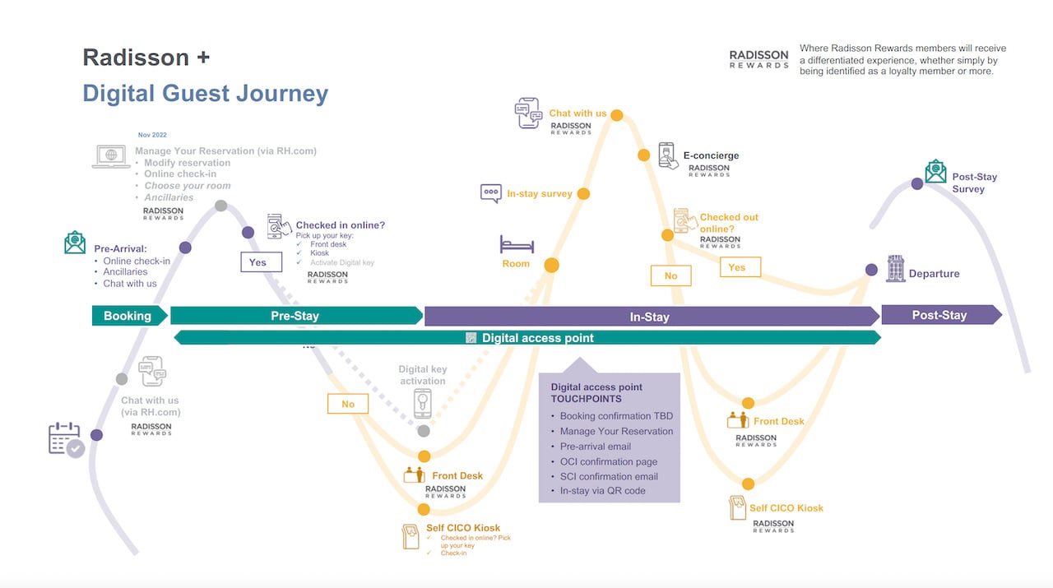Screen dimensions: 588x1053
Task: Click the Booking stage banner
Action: pos(128,316)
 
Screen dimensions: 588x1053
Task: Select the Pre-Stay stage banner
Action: pos(295,316)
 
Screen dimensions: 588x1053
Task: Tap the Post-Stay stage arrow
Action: pos(939,315)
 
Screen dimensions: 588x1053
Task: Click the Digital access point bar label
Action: pos(537,338)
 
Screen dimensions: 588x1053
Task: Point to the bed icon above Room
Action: pos(517,244)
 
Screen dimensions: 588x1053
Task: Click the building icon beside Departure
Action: pos(895,268)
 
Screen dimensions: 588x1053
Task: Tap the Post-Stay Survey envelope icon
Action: pos(935,171)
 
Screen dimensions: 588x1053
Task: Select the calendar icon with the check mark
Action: pos(66,439)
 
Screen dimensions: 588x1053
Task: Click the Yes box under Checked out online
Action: pos(736,267)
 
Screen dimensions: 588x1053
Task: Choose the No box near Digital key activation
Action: pos(348,404)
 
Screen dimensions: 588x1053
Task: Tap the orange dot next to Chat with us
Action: pos(616,115)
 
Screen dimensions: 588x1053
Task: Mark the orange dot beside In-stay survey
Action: pos(583,194)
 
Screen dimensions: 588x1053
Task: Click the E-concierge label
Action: pos(711,155)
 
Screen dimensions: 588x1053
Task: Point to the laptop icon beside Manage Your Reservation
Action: pos(110,156)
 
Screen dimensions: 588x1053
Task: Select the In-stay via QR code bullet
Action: pos(602,491)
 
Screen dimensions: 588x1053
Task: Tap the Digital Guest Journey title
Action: pos(205,94)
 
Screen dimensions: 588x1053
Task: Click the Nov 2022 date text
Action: pos(152,135)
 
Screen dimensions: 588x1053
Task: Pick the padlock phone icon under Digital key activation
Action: pos(423,404)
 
